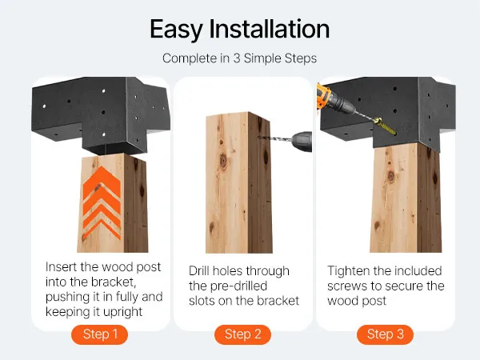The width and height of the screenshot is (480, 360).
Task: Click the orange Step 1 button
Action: coord(99,334)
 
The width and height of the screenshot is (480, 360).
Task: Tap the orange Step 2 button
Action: coord(242,334)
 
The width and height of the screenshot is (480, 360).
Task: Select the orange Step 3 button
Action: coord(385,334)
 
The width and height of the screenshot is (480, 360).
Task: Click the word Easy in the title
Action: coord(176,30)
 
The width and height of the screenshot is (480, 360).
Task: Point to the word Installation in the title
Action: coord(270,29)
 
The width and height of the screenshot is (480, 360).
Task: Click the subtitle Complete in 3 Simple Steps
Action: coord(239,58)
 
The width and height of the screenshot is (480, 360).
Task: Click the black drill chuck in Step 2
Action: coord(302,142)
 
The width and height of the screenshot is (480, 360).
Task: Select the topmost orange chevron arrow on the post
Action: coord(102,182)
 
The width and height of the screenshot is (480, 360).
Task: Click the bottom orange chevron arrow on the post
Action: coord(102,229)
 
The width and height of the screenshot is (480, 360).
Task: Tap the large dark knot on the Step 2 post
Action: coord(223,161)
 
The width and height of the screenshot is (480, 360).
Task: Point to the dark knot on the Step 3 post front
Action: coord(391,176)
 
